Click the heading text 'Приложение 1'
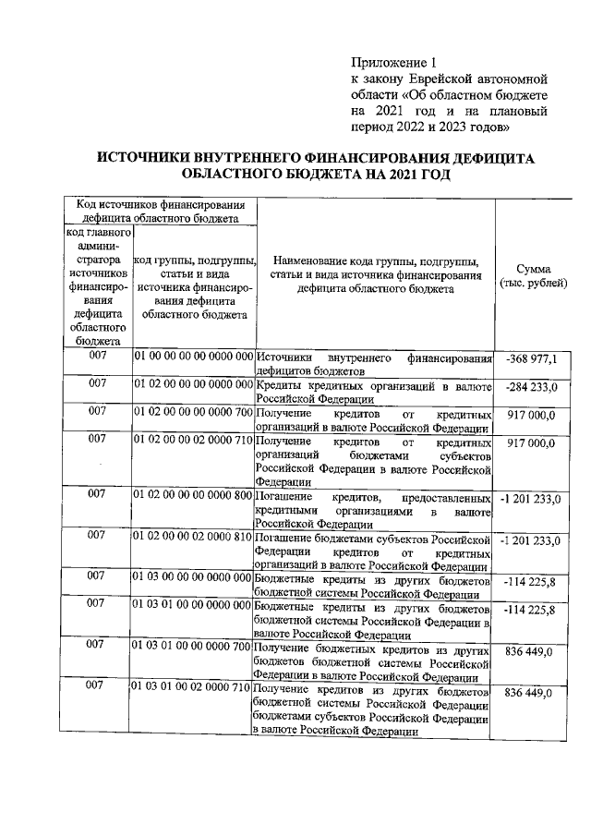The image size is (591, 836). [x=392, y=62]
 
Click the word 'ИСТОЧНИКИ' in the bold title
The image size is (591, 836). [x=151, y=159]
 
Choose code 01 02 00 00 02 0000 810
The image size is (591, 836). [x=193, y=536]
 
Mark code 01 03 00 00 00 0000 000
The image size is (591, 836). [x=193, y=577]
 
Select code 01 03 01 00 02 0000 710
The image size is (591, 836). [x=193, y=688]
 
